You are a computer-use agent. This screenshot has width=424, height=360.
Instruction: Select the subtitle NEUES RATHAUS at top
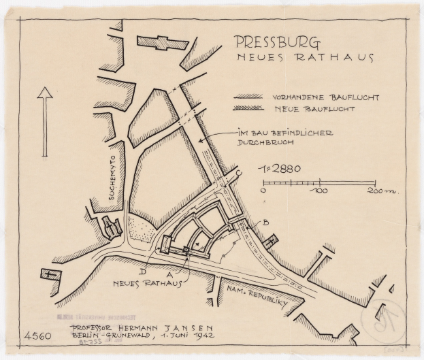tap(306, 59)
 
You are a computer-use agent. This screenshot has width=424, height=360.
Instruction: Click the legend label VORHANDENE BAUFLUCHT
tap(325, 97)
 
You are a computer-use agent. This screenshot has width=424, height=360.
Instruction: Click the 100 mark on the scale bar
tap(319, 192)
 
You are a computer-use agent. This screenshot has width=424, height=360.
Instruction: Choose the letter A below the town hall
tap(160, 272)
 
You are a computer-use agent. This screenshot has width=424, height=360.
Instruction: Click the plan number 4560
tap(36, 336)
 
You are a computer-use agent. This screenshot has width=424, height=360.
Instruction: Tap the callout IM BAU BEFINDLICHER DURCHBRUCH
tap(283, 139)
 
